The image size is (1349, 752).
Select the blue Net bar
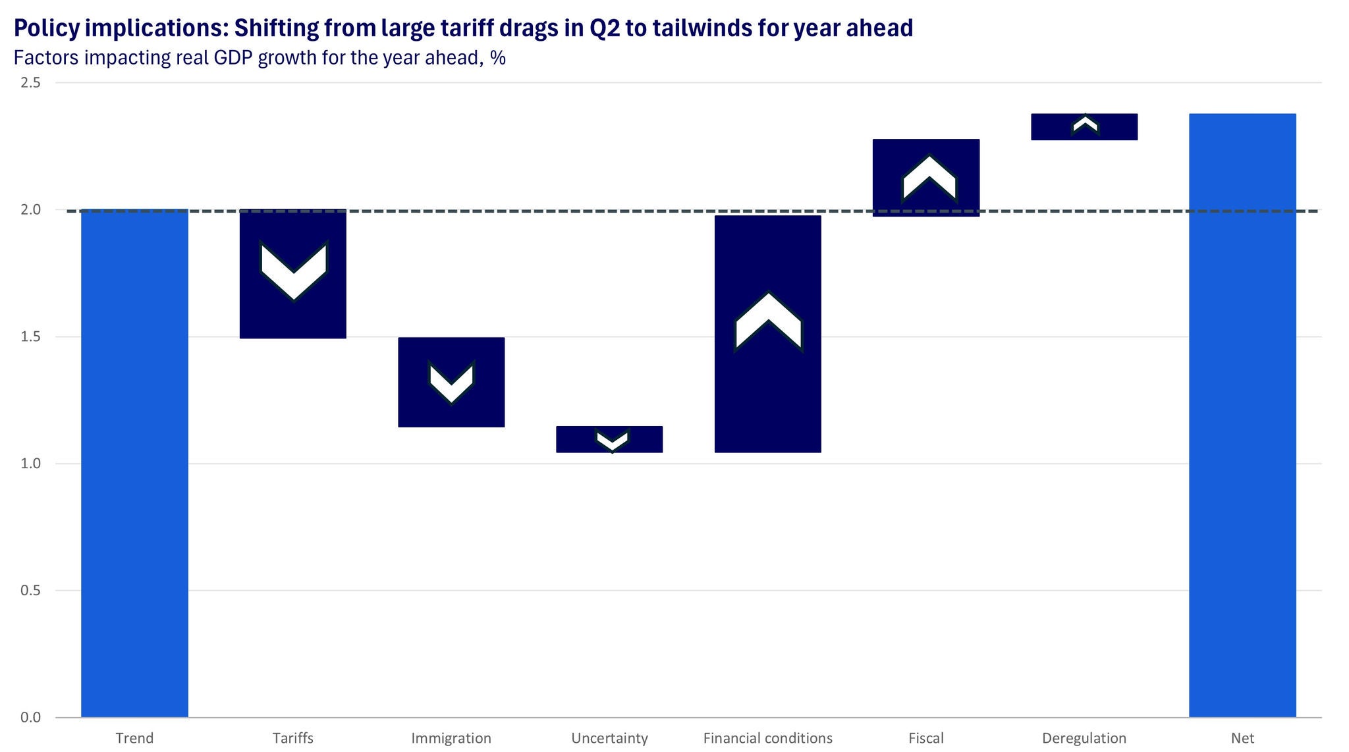pos(1242,416)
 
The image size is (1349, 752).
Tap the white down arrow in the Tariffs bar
pos(294,271)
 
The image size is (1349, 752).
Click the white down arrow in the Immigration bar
pos(451,383)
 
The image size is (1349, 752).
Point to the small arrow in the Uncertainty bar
pos(613,440)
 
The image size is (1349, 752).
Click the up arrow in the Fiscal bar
pos(929,178)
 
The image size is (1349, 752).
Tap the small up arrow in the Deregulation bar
pos(1085,124)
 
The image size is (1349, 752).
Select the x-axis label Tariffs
pos(293,738)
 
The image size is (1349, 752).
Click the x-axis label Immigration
pos(451,738)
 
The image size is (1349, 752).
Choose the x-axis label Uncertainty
pos(609,738)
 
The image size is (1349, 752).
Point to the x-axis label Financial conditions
pos(767,738)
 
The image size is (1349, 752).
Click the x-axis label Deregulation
pos(1084,738)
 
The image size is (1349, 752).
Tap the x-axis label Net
pos(1242,738)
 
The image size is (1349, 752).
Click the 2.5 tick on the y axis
pos(30,83)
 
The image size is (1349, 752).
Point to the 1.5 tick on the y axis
pos(30,337)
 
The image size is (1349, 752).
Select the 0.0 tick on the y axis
pos(30,717)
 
